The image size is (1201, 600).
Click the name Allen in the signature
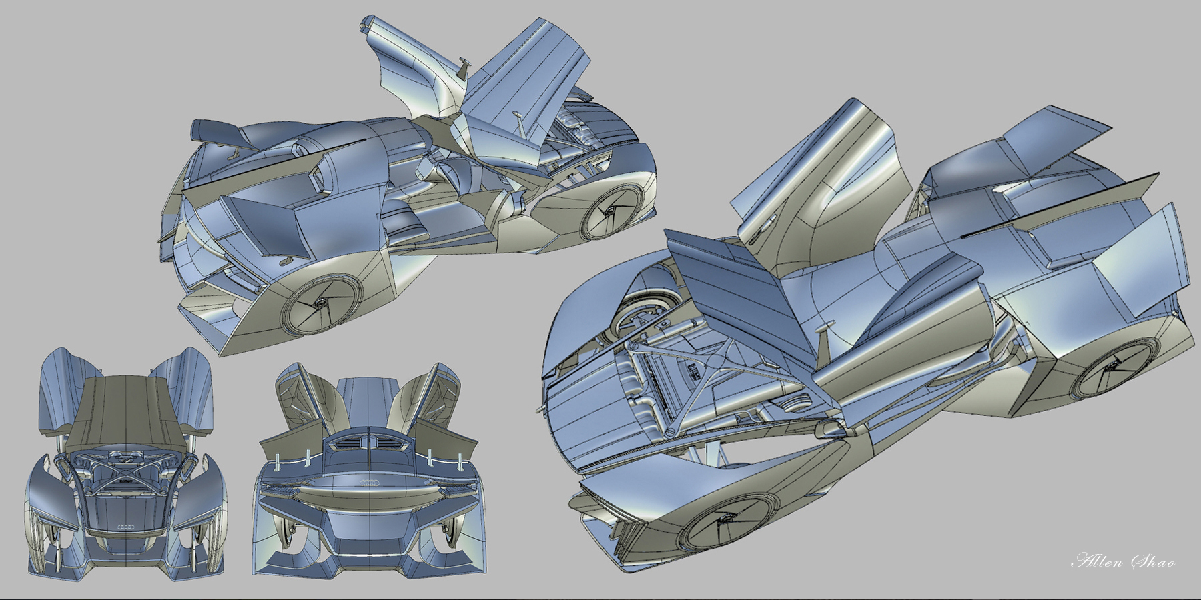[1094, 561]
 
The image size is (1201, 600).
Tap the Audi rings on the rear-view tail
[370, 483]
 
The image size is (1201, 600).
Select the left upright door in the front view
[60, 387]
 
